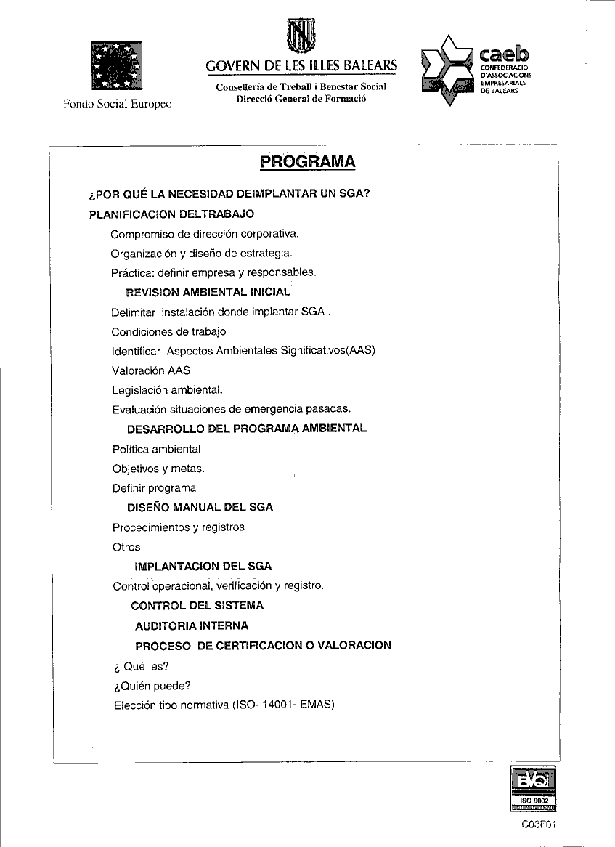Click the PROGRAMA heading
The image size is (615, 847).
pos(308,161)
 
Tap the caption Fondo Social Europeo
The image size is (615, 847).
pos(118,104)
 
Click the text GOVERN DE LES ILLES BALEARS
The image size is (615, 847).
pos(301,66)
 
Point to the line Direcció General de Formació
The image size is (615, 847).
pos(301,99)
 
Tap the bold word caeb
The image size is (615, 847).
pos(505,53)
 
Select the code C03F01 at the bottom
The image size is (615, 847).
pos(538,824)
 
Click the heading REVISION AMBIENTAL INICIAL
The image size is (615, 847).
pos(208,293)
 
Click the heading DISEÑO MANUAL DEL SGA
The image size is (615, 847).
pos(200,508)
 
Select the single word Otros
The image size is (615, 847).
pos(126,547)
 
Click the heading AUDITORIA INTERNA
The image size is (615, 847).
pos(192,625)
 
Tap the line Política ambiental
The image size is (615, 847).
pos(157,449)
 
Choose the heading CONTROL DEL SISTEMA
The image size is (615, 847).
pos(197,606)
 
